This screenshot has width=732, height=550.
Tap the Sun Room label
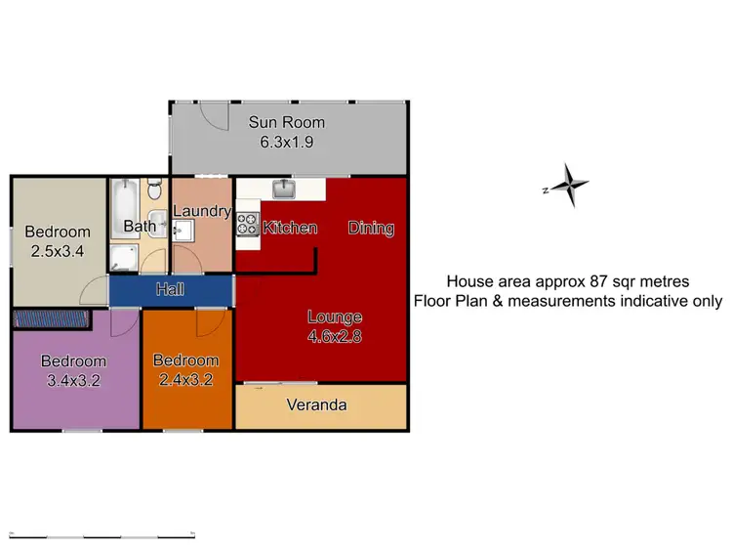(x=286, y=123)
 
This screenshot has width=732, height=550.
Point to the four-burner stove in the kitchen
(x=246, y=225)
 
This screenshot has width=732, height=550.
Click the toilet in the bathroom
(x=154, y=188)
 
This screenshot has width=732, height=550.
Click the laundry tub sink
(x=183, y=230)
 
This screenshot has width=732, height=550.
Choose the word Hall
(x=170, y=289)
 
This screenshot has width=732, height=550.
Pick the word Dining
(x=371, y=229)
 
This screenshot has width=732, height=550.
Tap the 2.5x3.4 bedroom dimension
(x=58, y=250)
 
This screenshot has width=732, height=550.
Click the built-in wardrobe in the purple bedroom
(x=52, y=317)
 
